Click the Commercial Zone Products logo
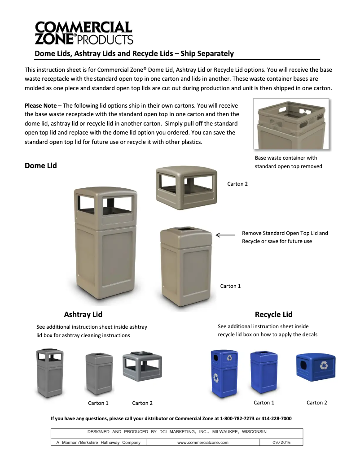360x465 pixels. tap(84, 33)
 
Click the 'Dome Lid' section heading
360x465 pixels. tap(41, 165)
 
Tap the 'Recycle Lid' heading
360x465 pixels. tap(273, 314)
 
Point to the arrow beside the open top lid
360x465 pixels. tap(225, 235)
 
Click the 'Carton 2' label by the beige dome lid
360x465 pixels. tap(237, 184)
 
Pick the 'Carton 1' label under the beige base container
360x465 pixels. tap(230, 286)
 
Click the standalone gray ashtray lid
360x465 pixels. tap(142, 365)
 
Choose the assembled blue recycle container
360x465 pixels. tap(224, 373)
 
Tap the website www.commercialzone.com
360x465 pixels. tap(203, 443)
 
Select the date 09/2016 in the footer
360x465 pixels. tap(281, 443)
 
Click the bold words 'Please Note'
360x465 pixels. tap(40, 106)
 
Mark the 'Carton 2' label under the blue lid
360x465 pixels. tap(317, 403)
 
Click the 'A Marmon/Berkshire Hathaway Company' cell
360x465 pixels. tap(98, 443)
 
